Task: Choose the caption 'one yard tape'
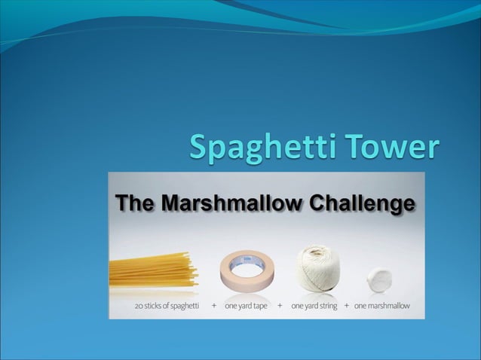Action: point(246,307)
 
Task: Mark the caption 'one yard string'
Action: point(314,307)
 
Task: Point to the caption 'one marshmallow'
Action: point(382,307)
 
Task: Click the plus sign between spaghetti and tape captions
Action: point(214,307)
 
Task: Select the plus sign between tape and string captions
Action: point(280,307)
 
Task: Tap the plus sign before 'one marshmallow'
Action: point(347,307)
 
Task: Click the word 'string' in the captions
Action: point(326,307)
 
